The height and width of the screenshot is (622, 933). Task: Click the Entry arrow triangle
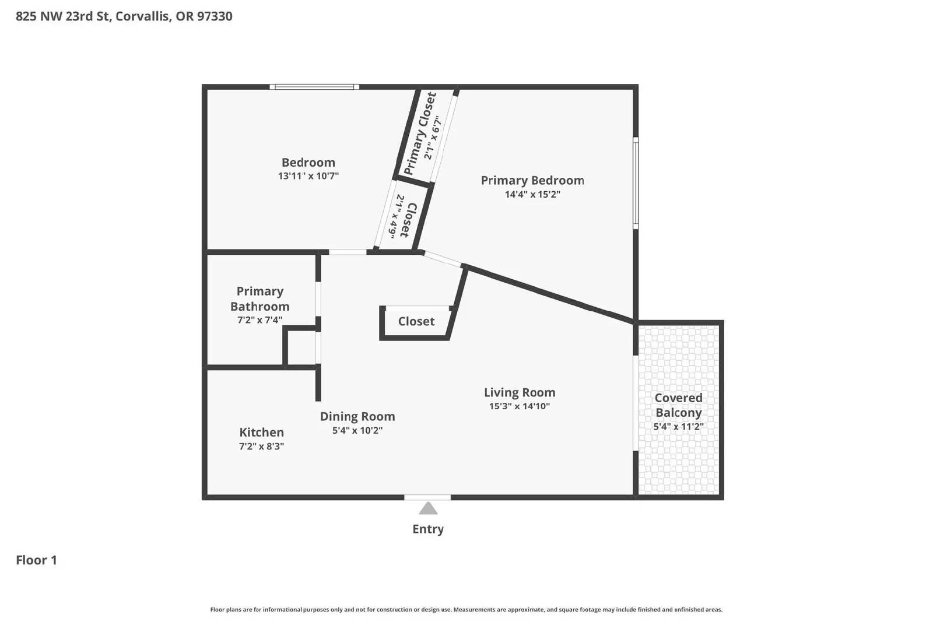point(428,509)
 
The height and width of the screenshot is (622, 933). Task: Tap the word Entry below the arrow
point(428,529)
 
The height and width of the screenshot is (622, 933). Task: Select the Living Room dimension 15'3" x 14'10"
point(519,406)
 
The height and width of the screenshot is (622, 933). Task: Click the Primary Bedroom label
point(532,181)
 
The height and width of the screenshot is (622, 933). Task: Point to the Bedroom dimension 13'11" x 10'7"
point(308,176)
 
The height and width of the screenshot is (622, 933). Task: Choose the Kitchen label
point(261,433)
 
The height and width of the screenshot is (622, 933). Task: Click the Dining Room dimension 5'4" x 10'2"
point(357,431)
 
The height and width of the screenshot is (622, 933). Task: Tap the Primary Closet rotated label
point(419,133)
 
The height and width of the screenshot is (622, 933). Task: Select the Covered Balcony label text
point(678,405)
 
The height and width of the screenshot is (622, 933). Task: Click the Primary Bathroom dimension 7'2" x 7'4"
point(259,320)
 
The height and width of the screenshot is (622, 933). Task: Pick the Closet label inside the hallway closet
point(416,322)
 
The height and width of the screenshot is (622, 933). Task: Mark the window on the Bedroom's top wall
point(314,87)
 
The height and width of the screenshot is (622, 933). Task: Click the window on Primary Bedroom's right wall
point(636,183)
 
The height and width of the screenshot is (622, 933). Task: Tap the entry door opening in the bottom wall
point(427,497)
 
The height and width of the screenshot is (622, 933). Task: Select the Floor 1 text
point(36,560)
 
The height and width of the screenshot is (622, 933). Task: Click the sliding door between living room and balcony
point(634,403)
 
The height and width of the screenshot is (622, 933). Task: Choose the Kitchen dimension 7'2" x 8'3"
point(261,447)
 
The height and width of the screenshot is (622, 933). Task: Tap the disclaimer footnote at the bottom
point(466,610)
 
